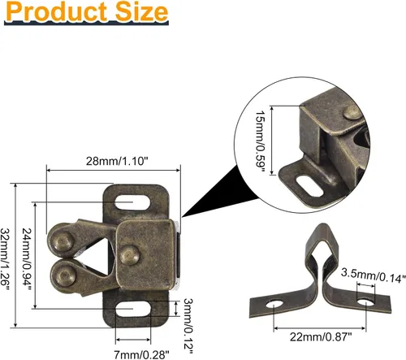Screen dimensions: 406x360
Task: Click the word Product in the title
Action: (x=57, y=11)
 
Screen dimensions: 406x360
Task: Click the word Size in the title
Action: (x=141, y=11)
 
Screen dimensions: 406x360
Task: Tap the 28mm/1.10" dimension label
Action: (x=118, y=161)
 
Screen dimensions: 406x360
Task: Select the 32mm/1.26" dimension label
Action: (x=5, y=259)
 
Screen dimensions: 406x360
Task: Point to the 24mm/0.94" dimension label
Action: (x=27, y=259)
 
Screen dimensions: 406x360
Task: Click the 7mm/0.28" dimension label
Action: (x=141, y=354)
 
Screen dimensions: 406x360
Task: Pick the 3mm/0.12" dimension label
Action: (x=188, y=326)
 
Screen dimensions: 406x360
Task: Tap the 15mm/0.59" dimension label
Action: (x=260, y=141)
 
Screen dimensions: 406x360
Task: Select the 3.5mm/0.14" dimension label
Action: (x=374, y=275)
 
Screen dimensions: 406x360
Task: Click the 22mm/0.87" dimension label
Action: (x=321, y=337)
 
